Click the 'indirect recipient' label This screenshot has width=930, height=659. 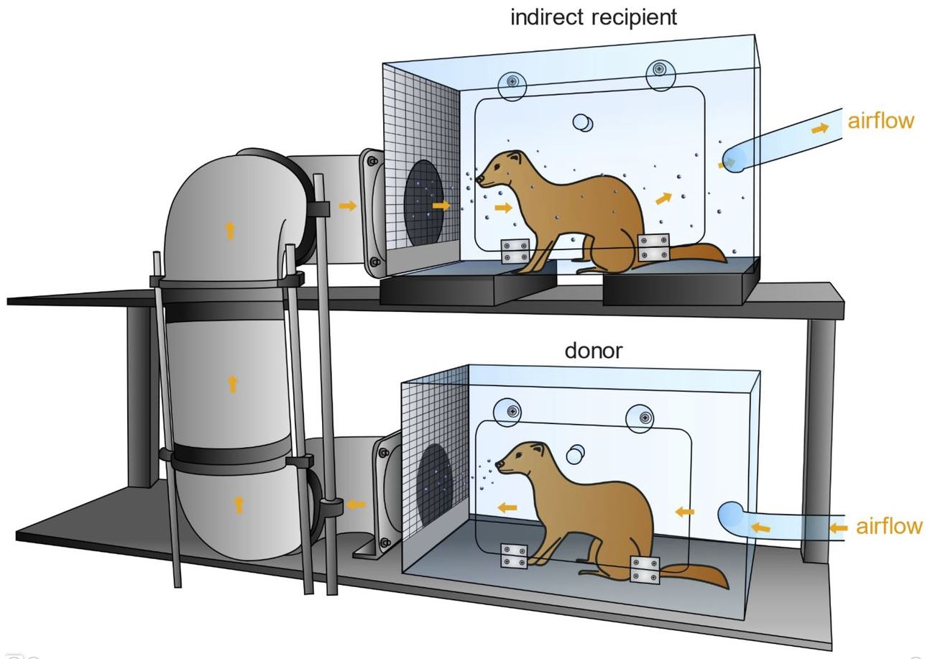(593, 17)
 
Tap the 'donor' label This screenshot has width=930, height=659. (593, 351)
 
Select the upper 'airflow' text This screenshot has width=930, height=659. (880, 120)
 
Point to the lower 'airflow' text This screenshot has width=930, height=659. (889, 526)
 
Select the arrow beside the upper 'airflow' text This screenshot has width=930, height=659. (819, 129)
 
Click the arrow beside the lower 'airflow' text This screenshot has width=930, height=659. (838, 527)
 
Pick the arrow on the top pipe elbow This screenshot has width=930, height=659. (230, 230)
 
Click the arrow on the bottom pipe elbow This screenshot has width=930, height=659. (239, 504)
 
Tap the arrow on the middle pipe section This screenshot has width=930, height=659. (232, 384)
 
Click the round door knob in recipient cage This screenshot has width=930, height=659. (583, 123)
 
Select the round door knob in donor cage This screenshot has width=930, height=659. (575, 454)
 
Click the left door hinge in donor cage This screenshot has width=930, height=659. (513, 556)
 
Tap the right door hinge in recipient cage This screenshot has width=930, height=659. (654, 247)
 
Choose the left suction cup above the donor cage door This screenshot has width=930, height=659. (512, 412)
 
